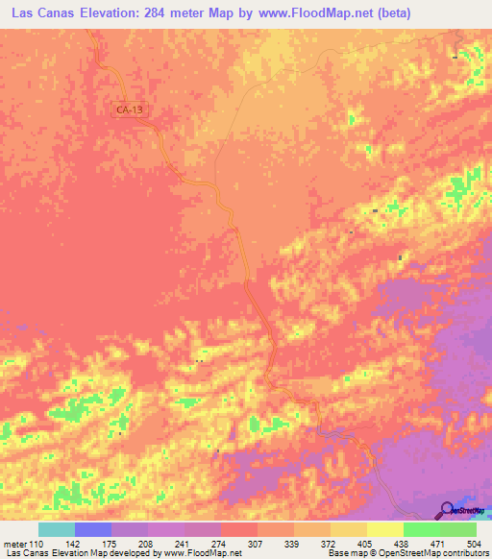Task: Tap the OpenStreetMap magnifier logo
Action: (447, 509)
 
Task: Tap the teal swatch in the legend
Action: (57, 529)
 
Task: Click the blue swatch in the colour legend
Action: (93, 529)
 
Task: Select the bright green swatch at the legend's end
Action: (458, 529)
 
